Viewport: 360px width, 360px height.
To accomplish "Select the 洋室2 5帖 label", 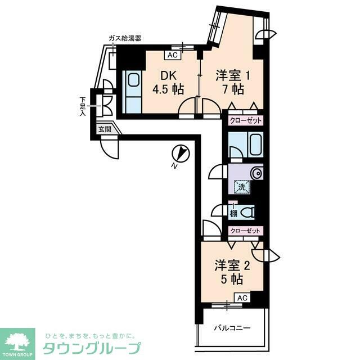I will click(229, 272).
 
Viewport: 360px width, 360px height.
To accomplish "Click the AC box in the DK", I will click(172, 56).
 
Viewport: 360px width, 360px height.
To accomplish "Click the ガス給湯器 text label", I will click(124, 38).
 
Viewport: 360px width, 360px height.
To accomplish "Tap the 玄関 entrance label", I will click(105, 129).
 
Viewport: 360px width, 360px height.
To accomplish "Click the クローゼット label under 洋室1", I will click(246, 120).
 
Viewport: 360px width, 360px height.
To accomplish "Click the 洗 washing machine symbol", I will click(241, 187).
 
